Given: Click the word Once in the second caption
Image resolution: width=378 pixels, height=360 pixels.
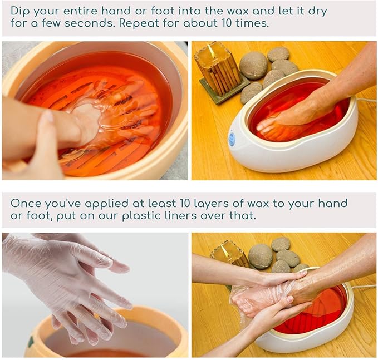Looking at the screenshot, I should pos(24,203).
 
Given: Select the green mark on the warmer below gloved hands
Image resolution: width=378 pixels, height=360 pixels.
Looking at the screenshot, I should pos(31,341).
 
